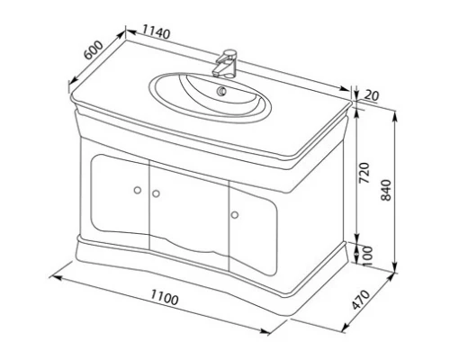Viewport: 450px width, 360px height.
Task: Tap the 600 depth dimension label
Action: (x=93, y=51)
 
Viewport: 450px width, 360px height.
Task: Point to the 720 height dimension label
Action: (x=364, y=174)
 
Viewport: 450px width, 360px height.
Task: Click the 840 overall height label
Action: (x=387, y=191)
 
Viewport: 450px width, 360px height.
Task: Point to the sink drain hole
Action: (x=221, y=91)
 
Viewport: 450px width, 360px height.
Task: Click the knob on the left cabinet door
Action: (x=136, y=189)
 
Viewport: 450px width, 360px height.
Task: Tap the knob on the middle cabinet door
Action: (x=155, y=193)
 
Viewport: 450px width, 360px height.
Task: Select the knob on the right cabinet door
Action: (x=236, y=213)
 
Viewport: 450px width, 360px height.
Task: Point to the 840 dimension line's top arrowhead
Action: (x=397, y=113)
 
